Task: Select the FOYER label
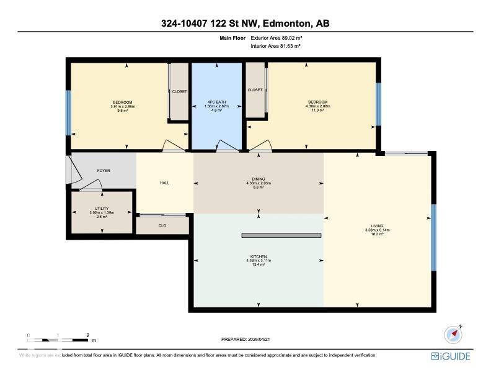(x=104, y=170)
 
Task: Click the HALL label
(x=164, y=183)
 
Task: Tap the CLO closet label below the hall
(x=162, y=225)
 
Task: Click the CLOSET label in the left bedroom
(x=179, y=91)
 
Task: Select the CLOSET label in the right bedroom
(x=255, y=90)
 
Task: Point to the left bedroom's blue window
(x=68, y=112)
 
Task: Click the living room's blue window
(x=434, y=237)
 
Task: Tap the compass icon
(x=454, y=334)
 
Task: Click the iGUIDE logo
(x=451, y=356)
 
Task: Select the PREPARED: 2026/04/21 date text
(x=245, y=339)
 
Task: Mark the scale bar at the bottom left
(x=58, y=340)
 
